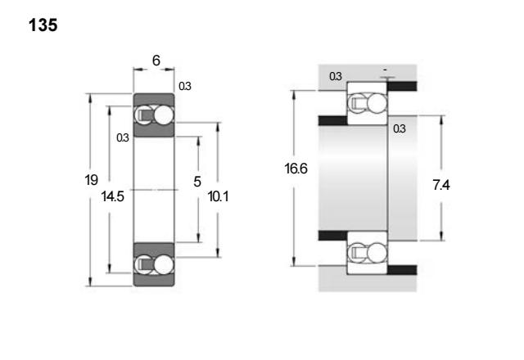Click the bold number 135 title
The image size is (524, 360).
tap(43, 25)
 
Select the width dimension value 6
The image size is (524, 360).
tap(156, 61)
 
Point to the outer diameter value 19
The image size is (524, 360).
tap(91, 180)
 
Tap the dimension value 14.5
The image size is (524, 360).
tap(113, 196)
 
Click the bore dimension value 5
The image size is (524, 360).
tap(197, 182)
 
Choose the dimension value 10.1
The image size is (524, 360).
tap(218, 196)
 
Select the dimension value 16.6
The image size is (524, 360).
tap(296, 169)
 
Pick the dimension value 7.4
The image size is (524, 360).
tap(441, 185)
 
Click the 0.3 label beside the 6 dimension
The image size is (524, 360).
tap(185, 86)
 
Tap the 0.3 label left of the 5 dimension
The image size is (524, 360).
tap(123, 137)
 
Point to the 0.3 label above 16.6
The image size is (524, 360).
tap(336, 76)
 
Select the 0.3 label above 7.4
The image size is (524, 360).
tap(400, 128)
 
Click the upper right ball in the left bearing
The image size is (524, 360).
tap(164, 115)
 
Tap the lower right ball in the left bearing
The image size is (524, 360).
tap(164, 265)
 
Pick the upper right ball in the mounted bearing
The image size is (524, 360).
tap(377, 103)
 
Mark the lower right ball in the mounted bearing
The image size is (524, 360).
tap(377, 253)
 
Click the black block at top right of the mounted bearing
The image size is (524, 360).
tap(402, 86)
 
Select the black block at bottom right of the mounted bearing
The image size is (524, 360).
tap(402, 270)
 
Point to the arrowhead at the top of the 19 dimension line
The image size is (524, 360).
tap(89, 97)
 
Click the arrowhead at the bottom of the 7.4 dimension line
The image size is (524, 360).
tap(441, 236)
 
